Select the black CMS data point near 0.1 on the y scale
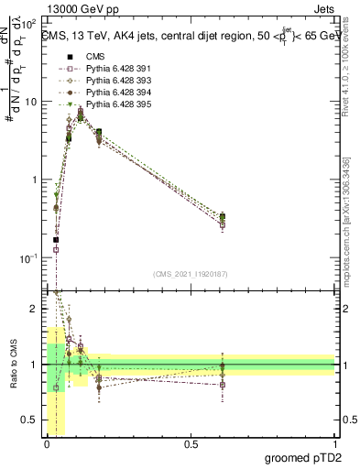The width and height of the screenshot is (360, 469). (57, 240)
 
